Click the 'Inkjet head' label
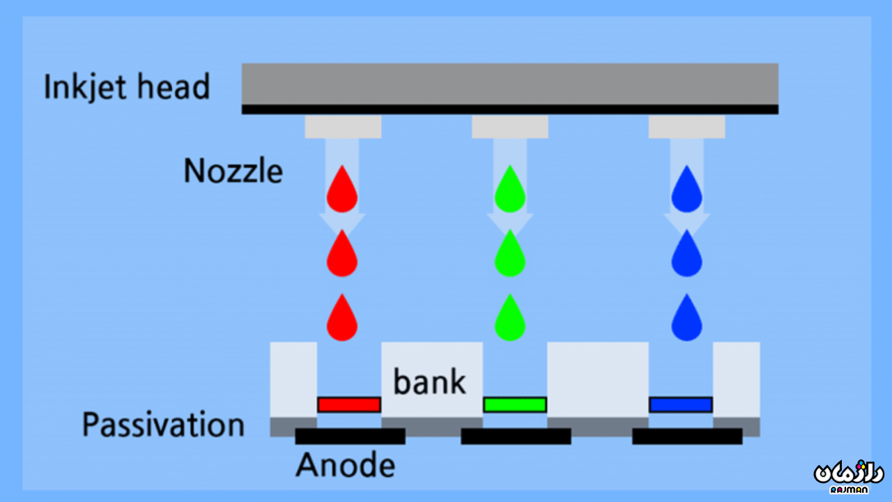(126, 87)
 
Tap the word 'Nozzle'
(233, 171)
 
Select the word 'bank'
(429, 381)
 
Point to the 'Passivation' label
(163, 425)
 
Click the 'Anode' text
(345, 464)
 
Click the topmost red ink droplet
(342, 190)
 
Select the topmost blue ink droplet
(686, 190)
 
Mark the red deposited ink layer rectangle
(349, 404)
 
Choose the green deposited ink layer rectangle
(515, 404)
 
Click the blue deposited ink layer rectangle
(681, 404)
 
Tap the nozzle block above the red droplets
(343, 126)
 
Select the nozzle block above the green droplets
(510, 126)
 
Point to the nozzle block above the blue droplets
(686, 126)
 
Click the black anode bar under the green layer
(516, 436)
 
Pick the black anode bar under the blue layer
(687, 436)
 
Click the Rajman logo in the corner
(848, 474)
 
